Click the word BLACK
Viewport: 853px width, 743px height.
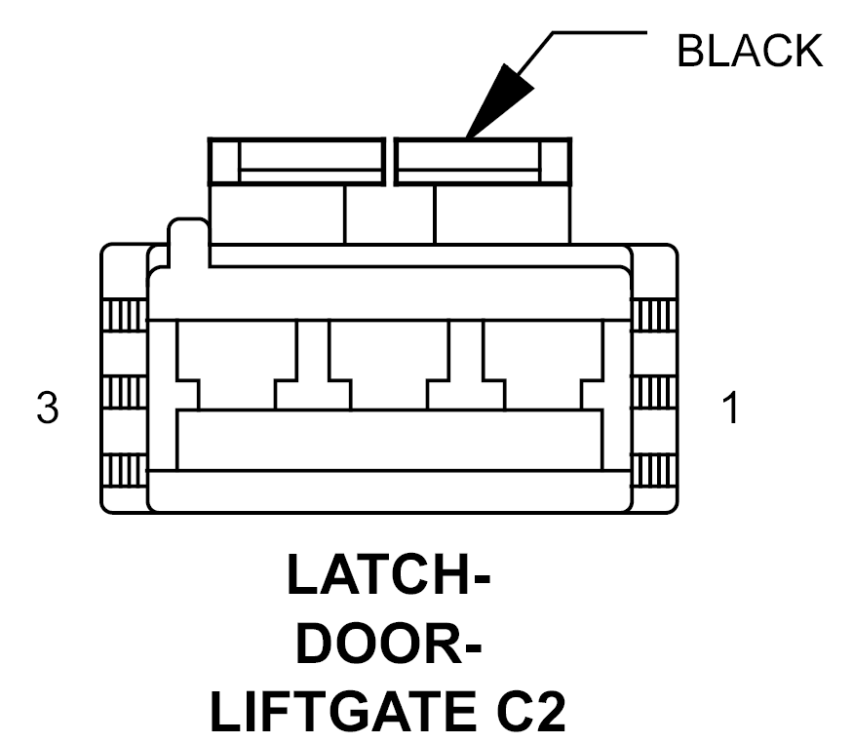click(750, 51)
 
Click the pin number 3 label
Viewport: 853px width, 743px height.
click(48, 408)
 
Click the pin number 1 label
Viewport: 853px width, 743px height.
click(731, 408)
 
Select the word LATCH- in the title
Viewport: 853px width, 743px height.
click(389, 574)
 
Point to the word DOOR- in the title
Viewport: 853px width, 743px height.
click(389, 645)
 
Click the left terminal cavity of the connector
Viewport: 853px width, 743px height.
click(237, 365)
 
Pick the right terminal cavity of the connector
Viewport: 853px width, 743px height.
click(543, 365)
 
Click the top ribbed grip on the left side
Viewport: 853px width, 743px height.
click(125, 315)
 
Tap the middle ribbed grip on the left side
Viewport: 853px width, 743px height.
click(125, 392)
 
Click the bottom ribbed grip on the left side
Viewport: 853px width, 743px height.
click(125, 469)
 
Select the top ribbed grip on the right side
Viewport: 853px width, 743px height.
click(653, 315)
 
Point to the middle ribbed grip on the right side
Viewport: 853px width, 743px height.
click(653, 392)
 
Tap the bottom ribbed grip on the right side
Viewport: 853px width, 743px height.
click(653, 469)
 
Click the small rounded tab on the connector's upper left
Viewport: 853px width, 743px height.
click(189, 242)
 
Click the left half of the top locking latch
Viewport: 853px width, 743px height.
click(297, 162)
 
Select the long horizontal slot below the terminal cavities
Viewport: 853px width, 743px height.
click(390, 440)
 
